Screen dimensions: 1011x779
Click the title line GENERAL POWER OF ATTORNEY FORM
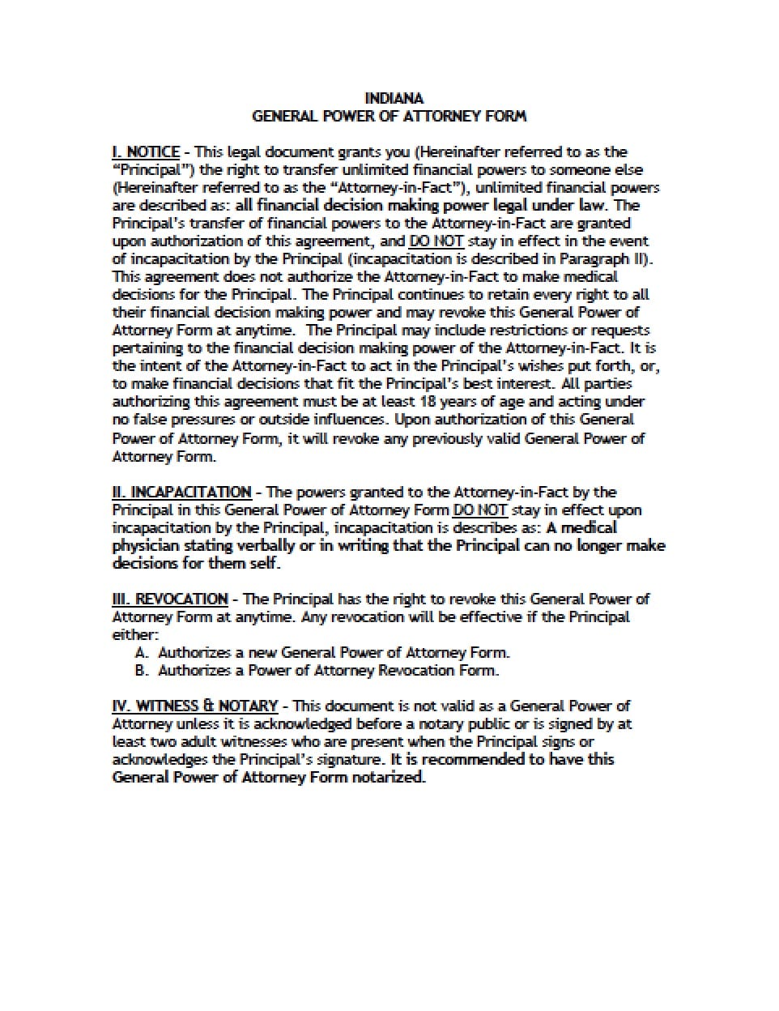(389, 116)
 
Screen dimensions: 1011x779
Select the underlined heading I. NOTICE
(146, 152)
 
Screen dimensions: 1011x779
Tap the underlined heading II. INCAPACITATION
(181, 492)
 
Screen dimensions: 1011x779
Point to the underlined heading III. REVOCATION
(170, 599)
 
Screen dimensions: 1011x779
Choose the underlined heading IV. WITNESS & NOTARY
(194, 706)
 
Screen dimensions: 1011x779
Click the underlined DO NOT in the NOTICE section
(436, 241)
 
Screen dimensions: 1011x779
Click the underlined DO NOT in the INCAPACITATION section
(480, 510)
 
